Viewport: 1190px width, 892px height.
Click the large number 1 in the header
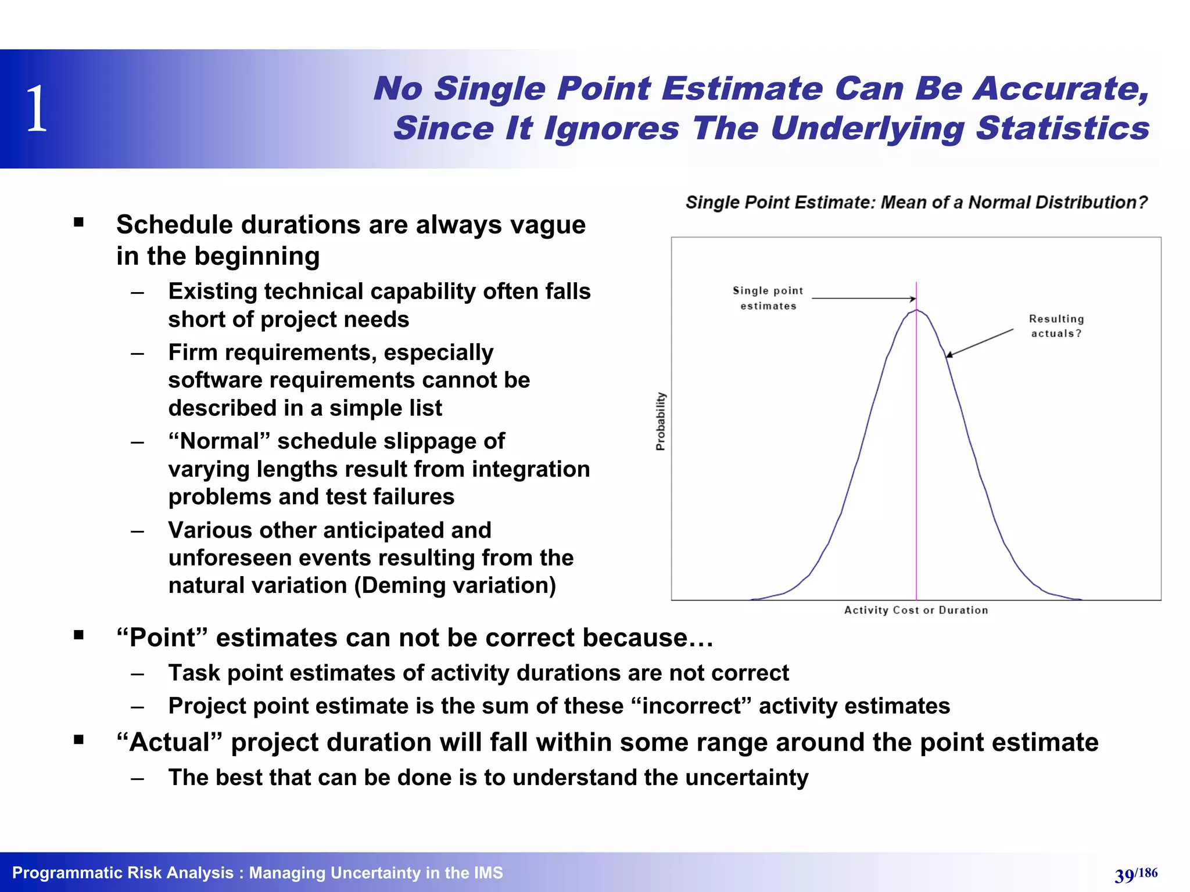coord(37,109)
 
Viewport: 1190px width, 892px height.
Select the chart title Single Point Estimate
coord(916,202)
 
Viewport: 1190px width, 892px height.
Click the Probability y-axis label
coord(661,421)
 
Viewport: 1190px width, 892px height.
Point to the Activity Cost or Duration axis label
coord(916,610)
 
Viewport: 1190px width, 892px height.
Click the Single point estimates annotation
coord(768,298)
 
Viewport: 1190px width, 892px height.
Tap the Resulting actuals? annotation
coord(1056,326)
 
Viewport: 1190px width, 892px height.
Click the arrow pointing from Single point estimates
coord(863,298)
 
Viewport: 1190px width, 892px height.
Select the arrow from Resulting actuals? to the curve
coord(980,343)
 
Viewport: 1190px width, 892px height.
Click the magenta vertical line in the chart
coord(916,465)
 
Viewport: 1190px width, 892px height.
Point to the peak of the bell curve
coord(916,311)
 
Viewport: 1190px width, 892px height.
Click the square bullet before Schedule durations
coord(79,222)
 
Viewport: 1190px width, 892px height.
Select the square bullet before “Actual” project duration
coord(79,740)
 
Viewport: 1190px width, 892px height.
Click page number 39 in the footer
coord(1124,875)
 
